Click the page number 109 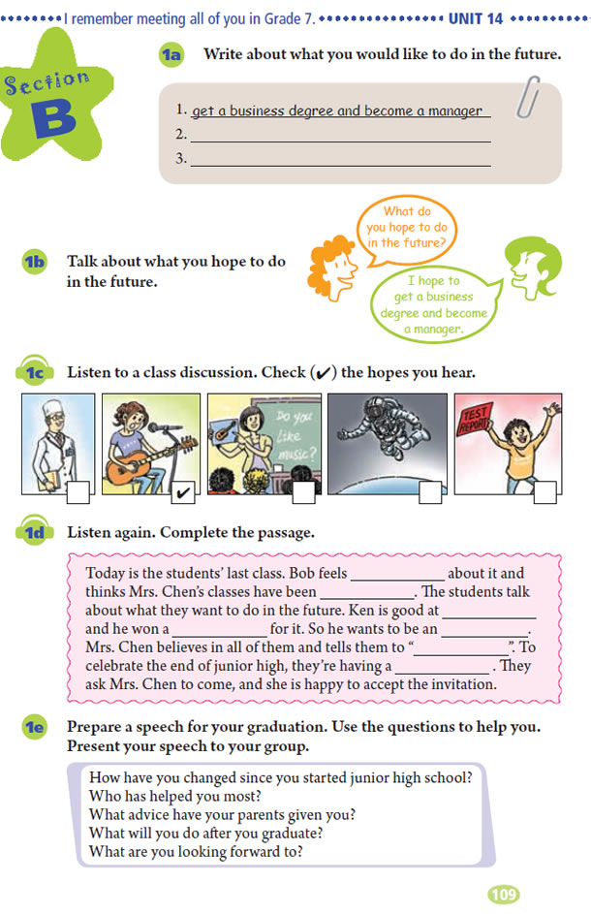[504, 894]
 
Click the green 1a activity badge [171, 55]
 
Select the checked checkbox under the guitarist [181, 494]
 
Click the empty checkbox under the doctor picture [78, 494]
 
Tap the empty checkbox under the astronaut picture [430, 494]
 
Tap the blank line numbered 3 [339, 159]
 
